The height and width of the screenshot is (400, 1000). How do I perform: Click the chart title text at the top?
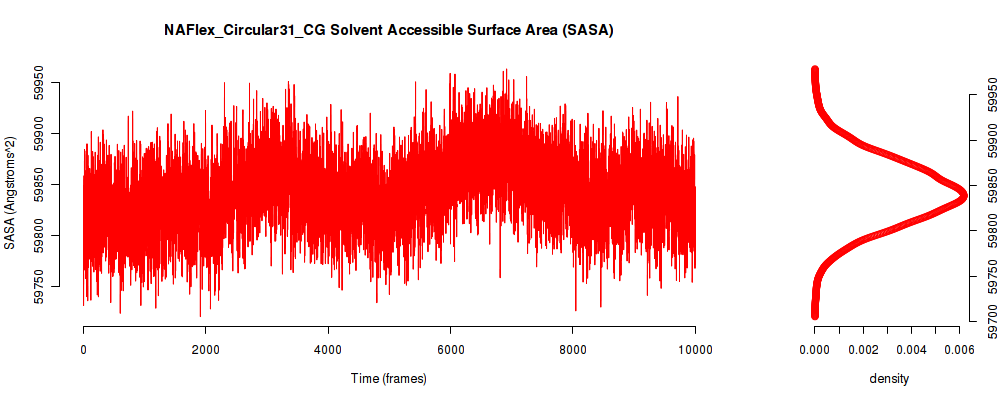388,31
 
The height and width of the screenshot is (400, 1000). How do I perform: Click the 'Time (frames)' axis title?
388,378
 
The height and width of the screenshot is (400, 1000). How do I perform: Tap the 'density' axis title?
889,379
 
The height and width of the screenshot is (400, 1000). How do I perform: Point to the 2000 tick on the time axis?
205,348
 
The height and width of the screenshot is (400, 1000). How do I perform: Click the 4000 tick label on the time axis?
328,348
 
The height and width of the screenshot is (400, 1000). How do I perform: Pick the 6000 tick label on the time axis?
450,348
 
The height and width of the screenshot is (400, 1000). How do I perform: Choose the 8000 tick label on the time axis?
573,348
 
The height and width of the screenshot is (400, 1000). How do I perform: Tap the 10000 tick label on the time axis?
695,348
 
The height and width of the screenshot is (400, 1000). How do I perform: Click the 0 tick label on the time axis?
84,348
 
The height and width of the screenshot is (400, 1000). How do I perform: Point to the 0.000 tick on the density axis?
814,348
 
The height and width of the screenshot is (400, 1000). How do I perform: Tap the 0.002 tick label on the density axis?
863,348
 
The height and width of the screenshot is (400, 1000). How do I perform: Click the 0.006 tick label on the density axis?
960,348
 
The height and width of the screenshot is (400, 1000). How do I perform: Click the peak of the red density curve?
962,195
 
